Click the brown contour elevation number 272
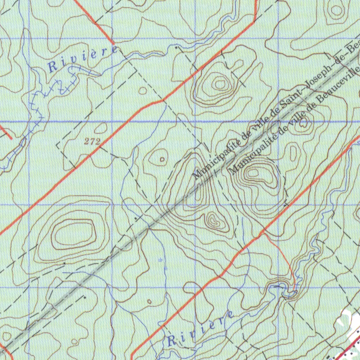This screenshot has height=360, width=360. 92,142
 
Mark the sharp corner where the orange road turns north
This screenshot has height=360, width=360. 254,22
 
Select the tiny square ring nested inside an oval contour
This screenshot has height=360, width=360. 162,159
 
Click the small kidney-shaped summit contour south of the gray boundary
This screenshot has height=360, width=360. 214,221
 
